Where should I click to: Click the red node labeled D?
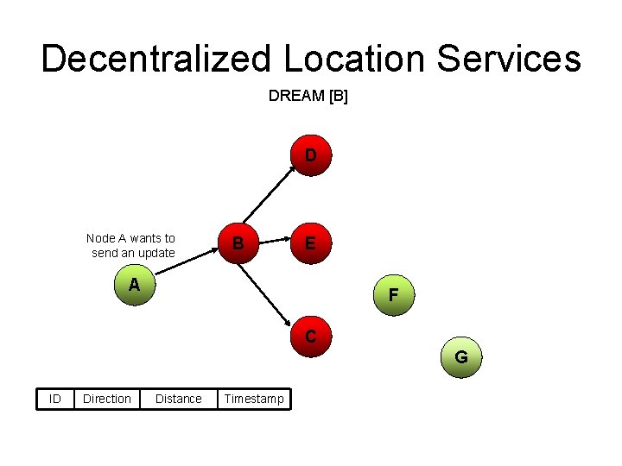[x=310, y=156]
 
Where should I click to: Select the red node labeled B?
[x=238, y=243]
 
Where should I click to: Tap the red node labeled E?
[x=310, y=243]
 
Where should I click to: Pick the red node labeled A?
[x=134, y=286]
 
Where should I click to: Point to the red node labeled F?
[x=393, y=295]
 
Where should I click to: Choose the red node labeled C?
[x=310, y=336]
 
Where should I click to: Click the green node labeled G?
[x=461, y=356]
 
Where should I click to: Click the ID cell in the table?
[x=54, y=399]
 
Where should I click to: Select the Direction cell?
[x=107, y=399]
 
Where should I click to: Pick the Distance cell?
[x=178, y=399]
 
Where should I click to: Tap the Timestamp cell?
[x=254, y=399]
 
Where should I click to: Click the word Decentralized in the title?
[x=155, y=59]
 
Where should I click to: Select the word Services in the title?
[x=510, y=59]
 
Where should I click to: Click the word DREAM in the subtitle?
[x=296, y=96]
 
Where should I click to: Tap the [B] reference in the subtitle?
[x=338, y=96]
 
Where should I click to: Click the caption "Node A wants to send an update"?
[x=131, y=245]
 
